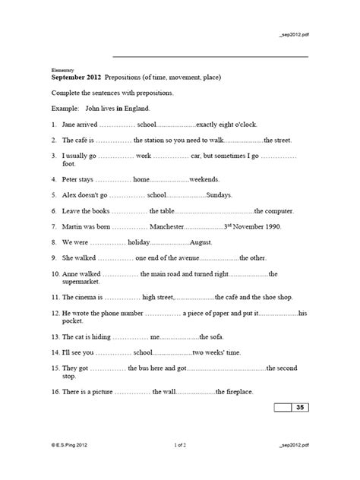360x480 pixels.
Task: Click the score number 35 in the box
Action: point(299,409)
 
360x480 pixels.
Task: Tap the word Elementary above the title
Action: point(63,68)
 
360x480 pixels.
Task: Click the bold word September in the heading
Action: point(72,77)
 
